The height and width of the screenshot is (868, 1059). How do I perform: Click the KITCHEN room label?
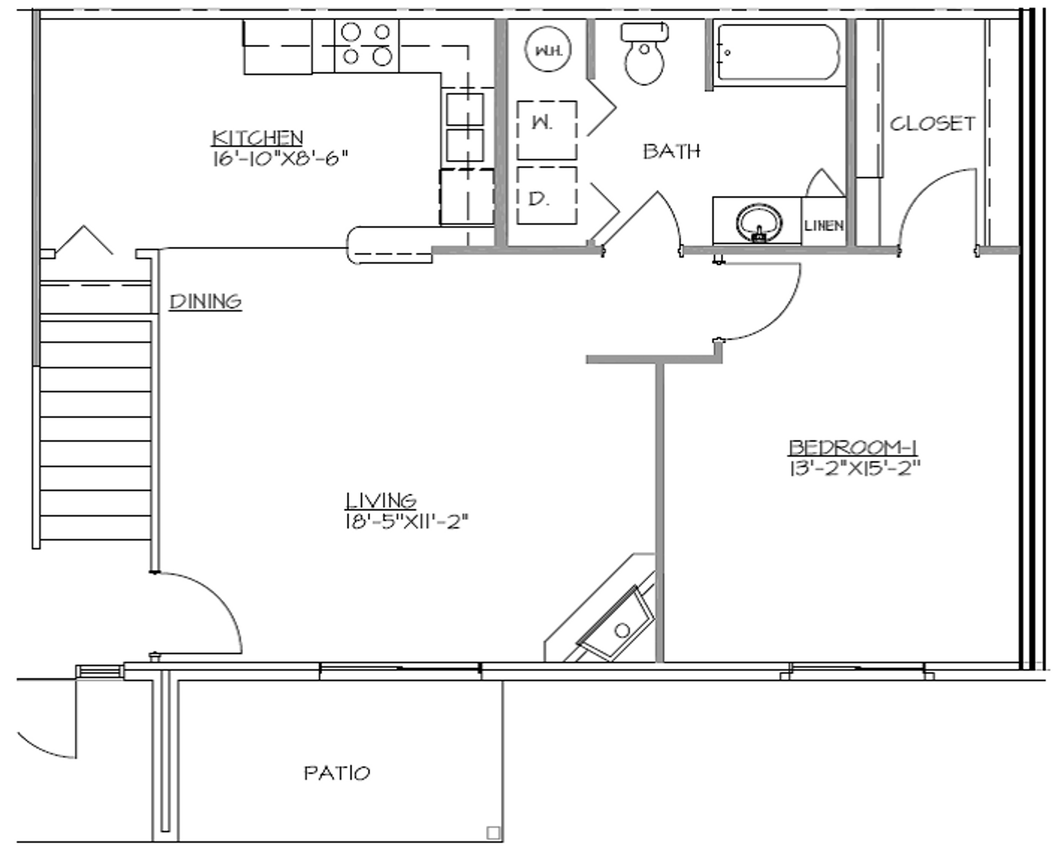(257, 137)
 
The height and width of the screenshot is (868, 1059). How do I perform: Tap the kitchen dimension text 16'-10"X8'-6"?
(280, 158)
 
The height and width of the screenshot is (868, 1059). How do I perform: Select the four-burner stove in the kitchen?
(366, 45)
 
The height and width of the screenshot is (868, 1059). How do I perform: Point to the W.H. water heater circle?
(547, 50)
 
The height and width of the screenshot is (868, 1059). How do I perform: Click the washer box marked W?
(547, 130)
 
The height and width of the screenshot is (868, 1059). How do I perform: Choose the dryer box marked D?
(547, 195)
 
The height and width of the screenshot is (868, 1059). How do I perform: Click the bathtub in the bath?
(778, 52)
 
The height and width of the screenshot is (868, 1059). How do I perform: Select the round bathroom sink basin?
(759, 222)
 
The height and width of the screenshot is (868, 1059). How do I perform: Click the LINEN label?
(823, 225)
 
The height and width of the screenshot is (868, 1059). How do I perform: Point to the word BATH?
(671, 151)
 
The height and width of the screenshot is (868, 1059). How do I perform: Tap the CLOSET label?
(932, 124)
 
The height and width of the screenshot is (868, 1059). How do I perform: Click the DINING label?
(205, 301)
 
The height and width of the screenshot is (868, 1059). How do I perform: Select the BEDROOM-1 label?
(853, 447)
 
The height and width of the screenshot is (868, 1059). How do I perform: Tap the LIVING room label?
(381, 500)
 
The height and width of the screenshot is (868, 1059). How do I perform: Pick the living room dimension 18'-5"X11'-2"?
(407, 521)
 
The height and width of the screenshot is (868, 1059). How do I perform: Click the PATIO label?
(337, 773)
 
